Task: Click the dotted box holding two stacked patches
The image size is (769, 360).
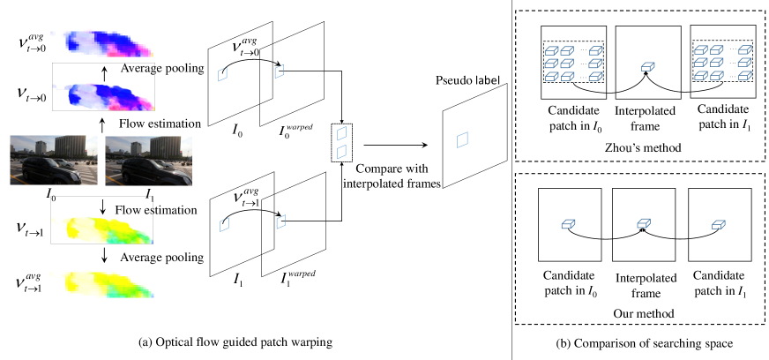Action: pos(342,142)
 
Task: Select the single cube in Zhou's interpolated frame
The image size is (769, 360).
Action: pos(648,66)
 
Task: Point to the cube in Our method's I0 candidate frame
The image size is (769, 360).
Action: pos(567,225)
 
